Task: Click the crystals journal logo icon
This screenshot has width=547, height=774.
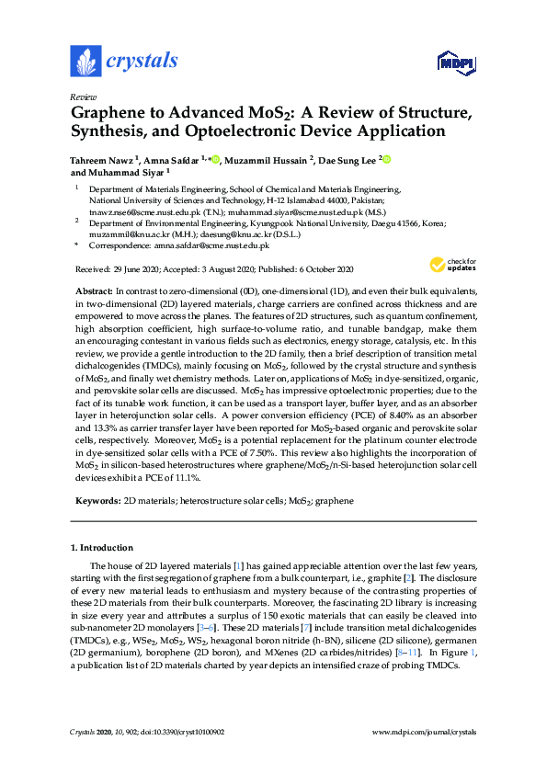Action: (85, 62)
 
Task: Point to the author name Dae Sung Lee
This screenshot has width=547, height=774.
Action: (348, 159)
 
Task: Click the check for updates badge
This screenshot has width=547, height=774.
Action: (452, 265)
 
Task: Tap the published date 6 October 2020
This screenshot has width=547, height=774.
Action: (321, 269)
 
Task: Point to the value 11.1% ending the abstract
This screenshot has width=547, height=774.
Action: (185, 478)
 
